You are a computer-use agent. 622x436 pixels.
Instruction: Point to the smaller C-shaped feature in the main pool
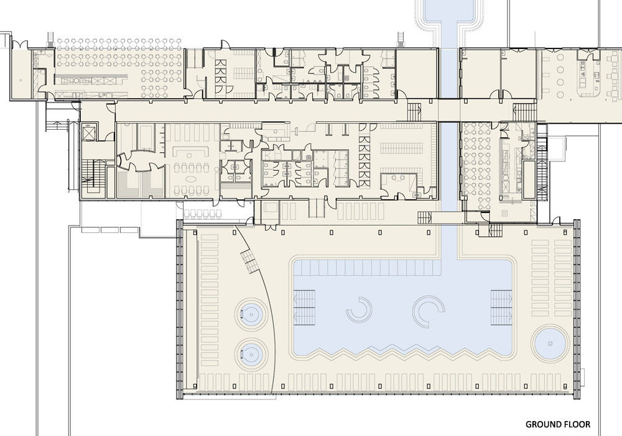click(x=360, y=309)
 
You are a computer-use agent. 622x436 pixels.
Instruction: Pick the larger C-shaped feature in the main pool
click(x=430, y=312)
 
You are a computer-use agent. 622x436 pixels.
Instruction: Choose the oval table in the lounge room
click(x=191, y=176)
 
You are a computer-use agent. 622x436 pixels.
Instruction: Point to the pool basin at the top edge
click(x=450, y=12)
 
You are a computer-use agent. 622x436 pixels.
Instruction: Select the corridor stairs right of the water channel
click(x=524, y=112)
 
